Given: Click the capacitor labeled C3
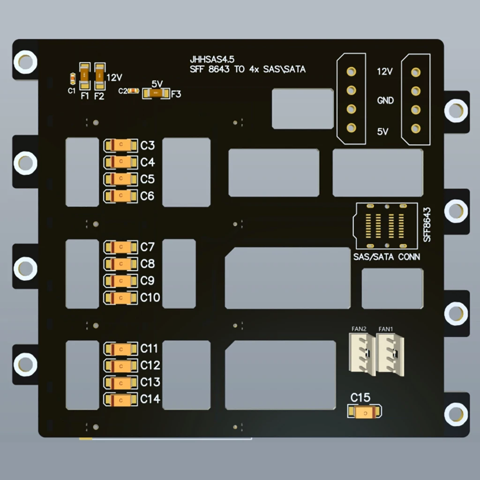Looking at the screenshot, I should [121, 145].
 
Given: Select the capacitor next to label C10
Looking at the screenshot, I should [121, 298].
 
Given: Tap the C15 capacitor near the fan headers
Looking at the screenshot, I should [364, 412].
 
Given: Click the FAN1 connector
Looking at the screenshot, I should [390, 354].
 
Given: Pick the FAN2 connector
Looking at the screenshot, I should [362, 354].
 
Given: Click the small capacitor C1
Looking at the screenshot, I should [72, 79].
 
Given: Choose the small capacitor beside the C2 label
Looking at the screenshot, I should [134, 90].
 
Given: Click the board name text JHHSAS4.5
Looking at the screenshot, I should [212, 60].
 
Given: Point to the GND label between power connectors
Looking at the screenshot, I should [385, 100].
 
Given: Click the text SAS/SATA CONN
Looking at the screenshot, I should [387, 257].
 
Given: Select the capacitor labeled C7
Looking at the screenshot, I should [121, 247].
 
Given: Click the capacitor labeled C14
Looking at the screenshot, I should [121, 399].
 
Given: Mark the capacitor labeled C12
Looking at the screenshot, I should [121, 365].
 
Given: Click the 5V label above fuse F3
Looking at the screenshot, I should [157, 83].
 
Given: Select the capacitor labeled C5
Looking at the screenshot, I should [121, 179].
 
